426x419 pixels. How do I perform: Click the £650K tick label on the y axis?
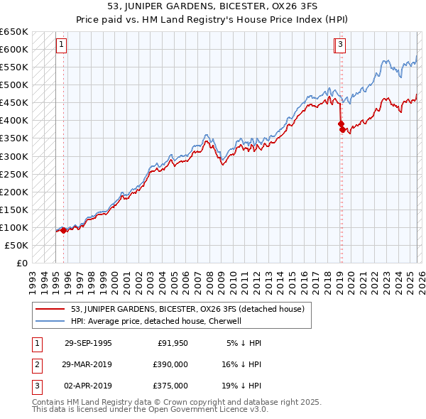pyautogui.click(x=14, y=32)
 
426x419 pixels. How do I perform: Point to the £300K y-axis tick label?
pyautogui.click(x=14, y=156)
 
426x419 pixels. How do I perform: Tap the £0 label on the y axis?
pyautogui.click(x=21, y=263)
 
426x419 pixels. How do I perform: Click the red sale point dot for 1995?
pyautogui.click(x=64, y=230)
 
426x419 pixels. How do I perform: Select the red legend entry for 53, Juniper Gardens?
pyautogui.click(x=187, y=309)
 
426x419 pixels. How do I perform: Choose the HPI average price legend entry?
pyautogui.click(x=156, y=321)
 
